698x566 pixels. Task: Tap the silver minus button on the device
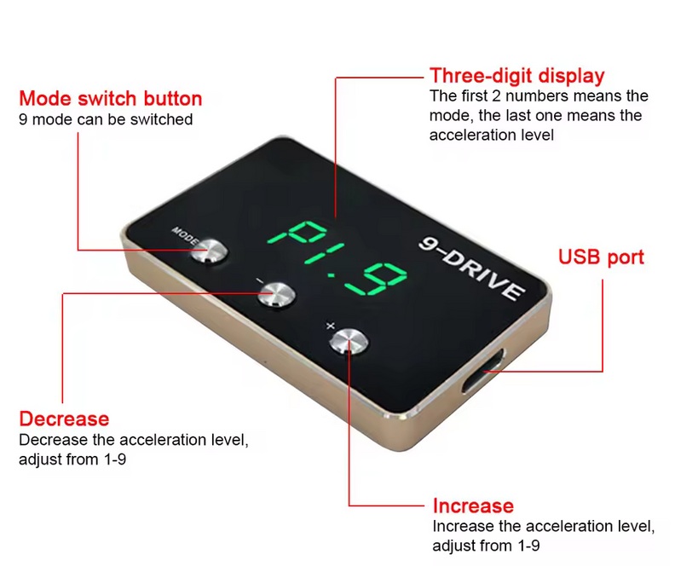coord(276,294)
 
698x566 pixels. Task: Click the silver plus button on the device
coord(349,341)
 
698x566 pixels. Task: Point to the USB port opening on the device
coord(482,371)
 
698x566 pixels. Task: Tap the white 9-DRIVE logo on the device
coord(472,268)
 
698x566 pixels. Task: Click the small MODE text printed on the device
coord(185,236)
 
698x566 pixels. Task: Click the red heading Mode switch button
coord(111,98)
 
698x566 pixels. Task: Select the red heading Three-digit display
coord(516,76)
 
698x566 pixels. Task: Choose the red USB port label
coord(601,257)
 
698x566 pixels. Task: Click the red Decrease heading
coord(64,419)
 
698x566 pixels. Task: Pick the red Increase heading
coord(473,505)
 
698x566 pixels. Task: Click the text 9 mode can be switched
coord(106,119)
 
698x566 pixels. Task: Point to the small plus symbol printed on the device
coord(330,326)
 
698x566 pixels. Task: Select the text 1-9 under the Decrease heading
coord(115,459)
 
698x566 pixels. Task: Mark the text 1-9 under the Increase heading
coord(528,546)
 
